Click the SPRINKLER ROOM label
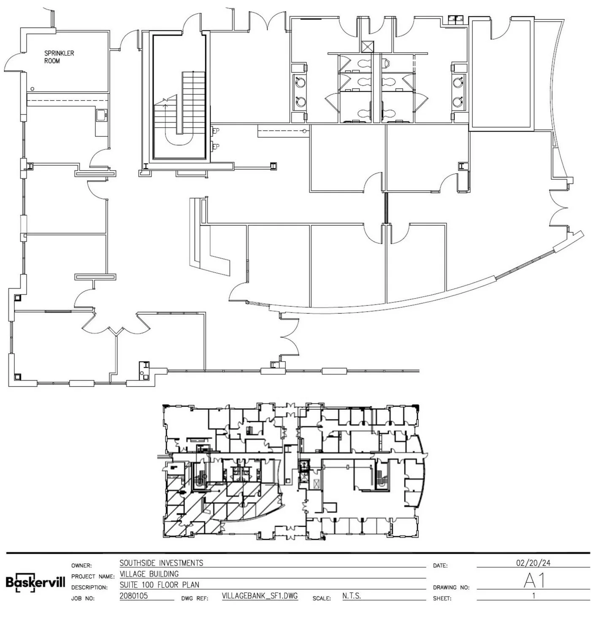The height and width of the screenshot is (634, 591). click(59, 57)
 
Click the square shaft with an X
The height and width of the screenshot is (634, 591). click(367, 46)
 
